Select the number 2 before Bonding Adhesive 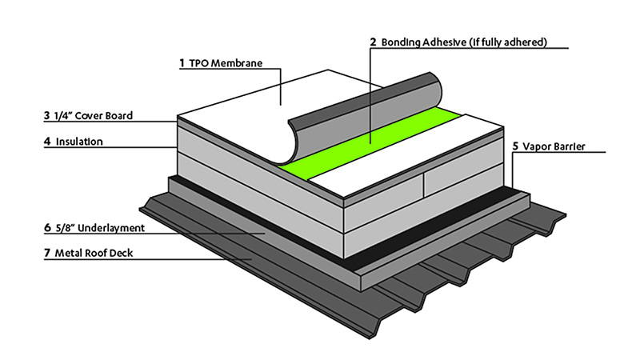click(373, 41)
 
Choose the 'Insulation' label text click(79, 142)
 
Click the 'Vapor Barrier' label click(557, 146)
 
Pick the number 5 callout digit click(515, 146)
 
